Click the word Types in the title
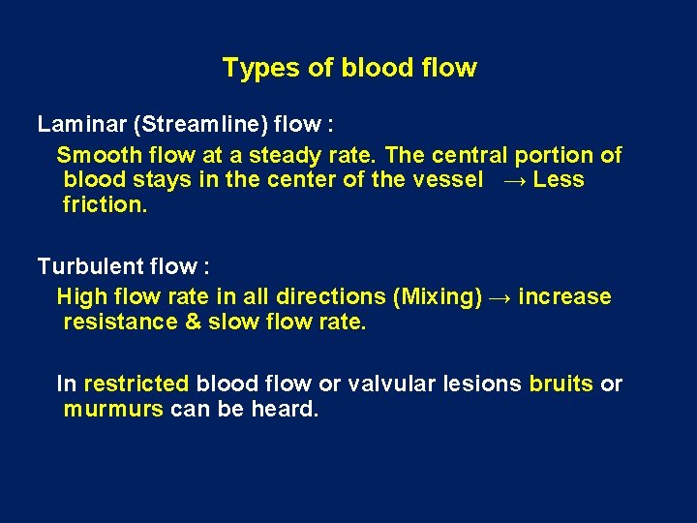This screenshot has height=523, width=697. pos(255,68)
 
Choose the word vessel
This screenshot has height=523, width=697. pos(448,180)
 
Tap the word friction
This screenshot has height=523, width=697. pos(106,205)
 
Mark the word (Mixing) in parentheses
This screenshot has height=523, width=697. pos(440,296)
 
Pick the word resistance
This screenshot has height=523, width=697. pos(119,322)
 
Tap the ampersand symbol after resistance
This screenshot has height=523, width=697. pos(192,322)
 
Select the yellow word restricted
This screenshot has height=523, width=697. pos(136,384)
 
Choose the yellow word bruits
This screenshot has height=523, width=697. pos(561,384)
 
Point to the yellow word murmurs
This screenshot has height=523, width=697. pos(112,409)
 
